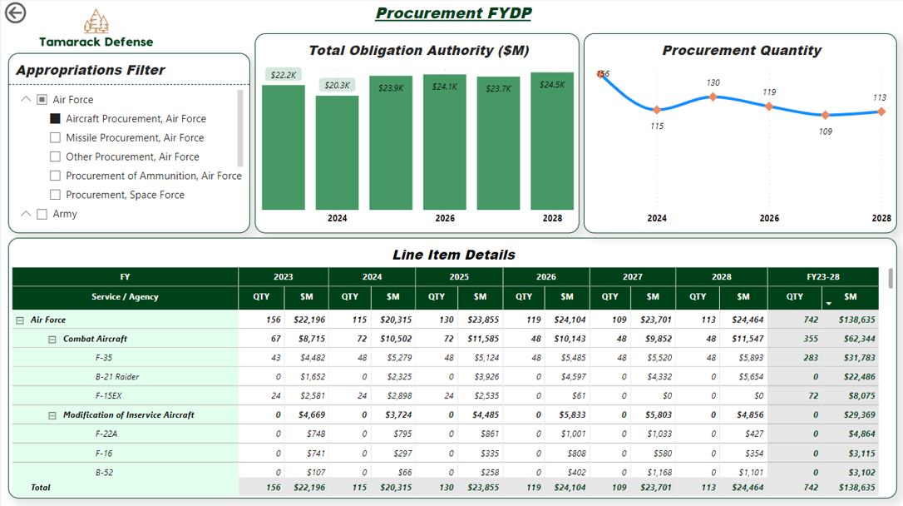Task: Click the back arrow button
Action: click(x=15, y=12)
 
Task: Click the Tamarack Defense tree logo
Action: click(x=96, y=22)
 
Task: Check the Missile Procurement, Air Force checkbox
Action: click(x=56, y=138)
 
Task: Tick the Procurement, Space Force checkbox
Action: click(x=56, y=195)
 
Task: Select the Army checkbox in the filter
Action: click(x=42, y=214)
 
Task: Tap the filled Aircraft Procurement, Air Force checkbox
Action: click(x=56, y=119)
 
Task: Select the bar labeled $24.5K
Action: click(x=552, y=141)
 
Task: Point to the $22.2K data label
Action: click(x=284, y=75)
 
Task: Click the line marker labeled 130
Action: click(x=713, y=97)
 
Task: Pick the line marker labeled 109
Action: click(x=825, y=115)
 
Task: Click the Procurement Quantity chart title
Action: click(x=742, y=51)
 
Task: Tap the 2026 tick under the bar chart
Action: click(x=445, y=219)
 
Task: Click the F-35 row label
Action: click(x=105, y=358)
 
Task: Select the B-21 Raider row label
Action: click(x=116, y=377)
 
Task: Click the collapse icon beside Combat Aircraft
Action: click(x=52, y=340)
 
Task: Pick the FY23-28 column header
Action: click(x=822, y=276)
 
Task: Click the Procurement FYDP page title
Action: click(x=453, y=13)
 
